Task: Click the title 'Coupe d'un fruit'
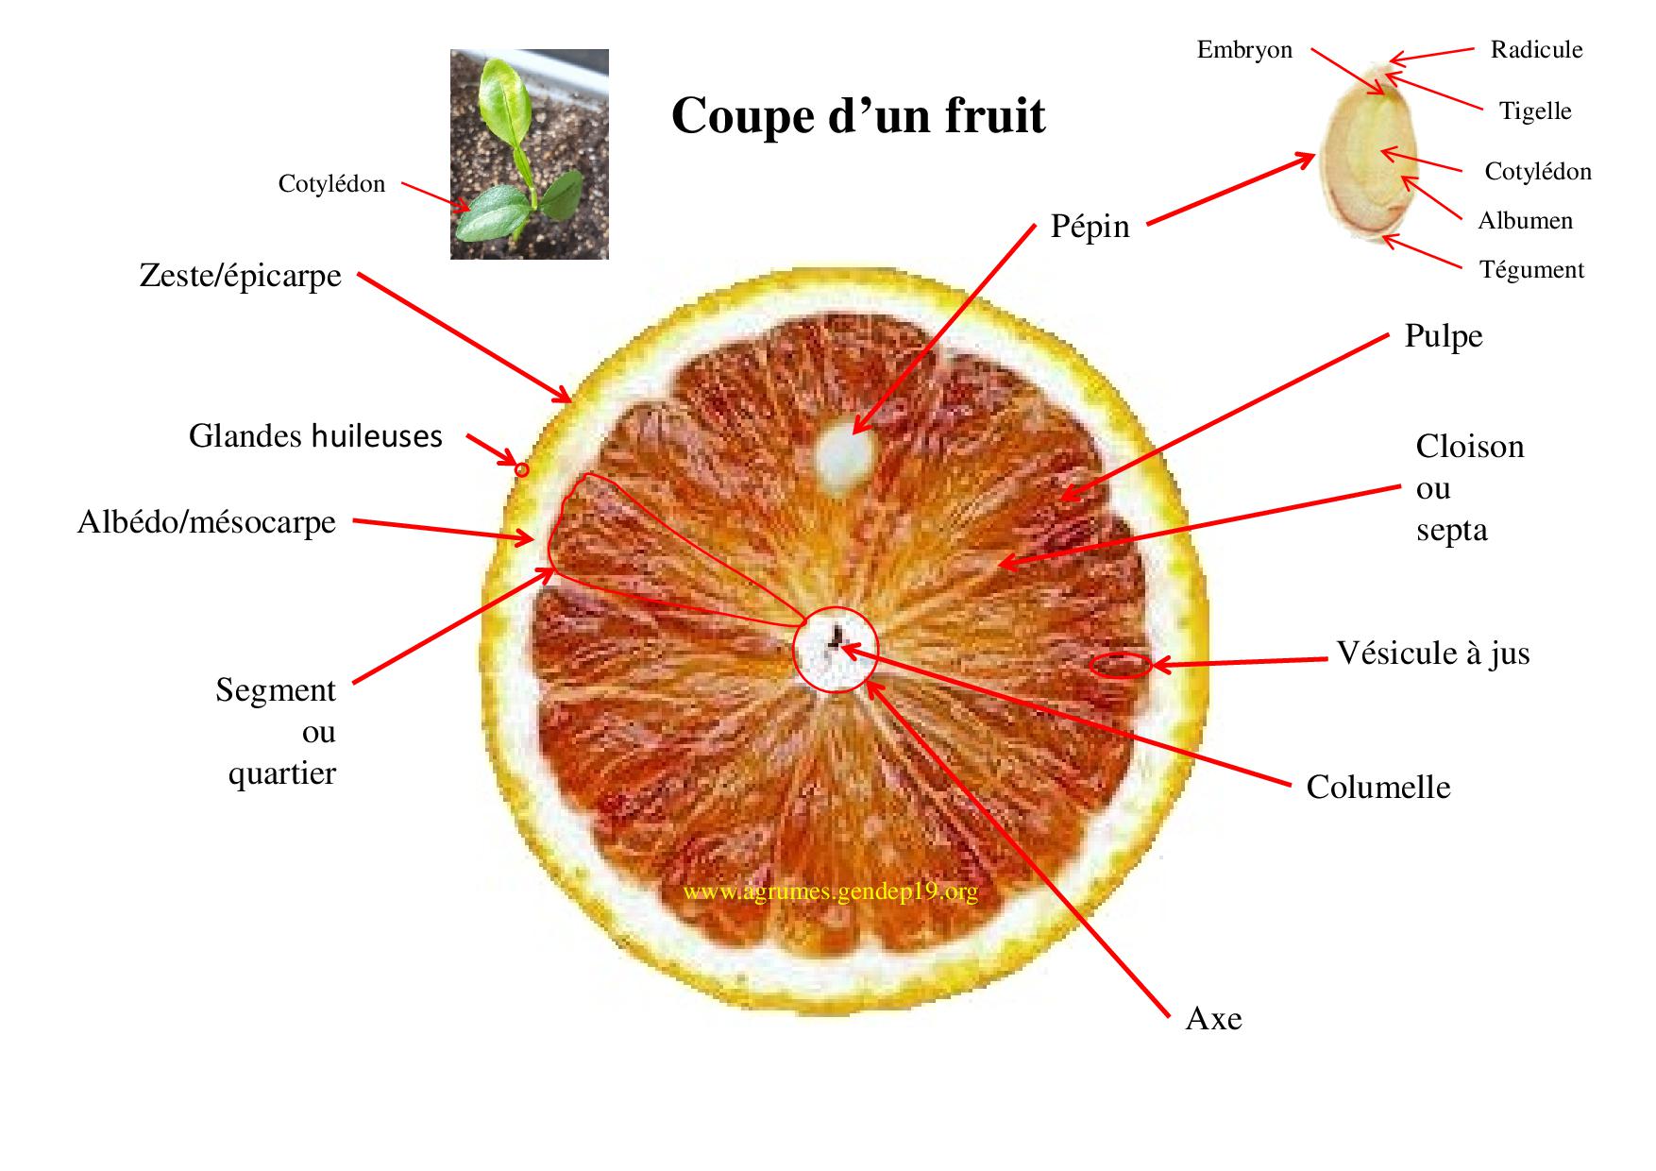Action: tap(858, 116)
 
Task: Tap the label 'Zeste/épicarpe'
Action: tap(240, 276)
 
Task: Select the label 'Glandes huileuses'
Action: tap(315, 436)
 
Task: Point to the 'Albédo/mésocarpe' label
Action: tap(207, 522)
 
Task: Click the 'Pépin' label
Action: tap(1090, 227)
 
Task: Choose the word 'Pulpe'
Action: tap(1443, 336)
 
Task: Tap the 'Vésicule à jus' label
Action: tap(1432, 653)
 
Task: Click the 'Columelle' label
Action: tap(1377, 788)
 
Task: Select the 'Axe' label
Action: tap(1213, 1019)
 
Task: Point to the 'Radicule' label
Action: tap(1536, 50)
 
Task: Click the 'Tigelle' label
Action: tap(1535, 111)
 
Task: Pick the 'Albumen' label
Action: tap(1525, 221)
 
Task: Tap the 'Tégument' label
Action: tap(1530, 270)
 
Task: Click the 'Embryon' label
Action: tap(1244, 50)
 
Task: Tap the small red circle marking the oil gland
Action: tap(521, 468)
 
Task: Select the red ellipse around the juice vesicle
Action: tap(1121, 665)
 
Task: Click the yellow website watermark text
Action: tap(829, 892)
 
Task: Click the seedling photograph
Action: tap(529, 154)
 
